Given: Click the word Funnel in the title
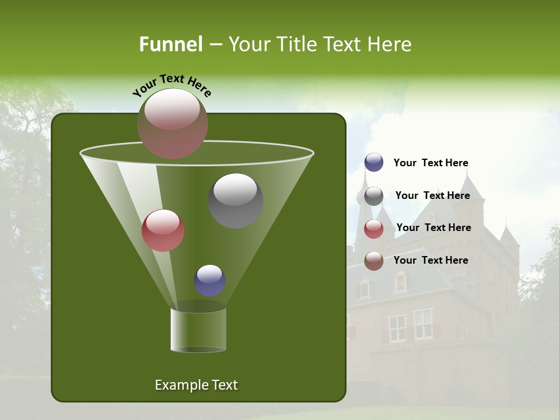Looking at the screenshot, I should [x=170, y=44].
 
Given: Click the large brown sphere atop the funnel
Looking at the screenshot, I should [x=172, y=124].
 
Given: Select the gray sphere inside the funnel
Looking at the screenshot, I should [x=235, y=201].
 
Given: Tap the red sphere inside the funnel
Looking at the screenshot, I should [x=163, y=230].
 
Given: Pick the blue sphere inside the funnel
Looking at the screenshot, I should [x=209, y=280].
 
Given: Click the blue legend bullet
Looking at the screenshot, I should [x=374, y=163].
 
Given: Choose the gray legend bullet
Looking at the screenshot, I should [x=374, y=196].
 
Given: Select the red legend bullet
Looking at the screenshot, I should [x=374, y=229].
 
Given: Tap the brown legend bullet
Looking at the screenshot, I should [x=374, y=261].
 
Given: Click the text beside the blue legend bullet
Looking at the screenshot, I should [x=430, y=163].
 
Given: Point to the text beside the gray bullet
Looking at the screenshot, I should [x=432, y=195].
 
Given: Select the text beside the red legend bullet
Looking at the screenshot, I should [x=433, y=228].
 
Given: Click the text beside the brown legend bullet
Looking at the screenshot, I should [x=430, y=260].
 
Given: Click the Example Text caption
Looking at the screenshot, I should [x=196, y=385].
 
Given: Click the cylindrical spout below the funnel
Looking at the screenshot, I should [x=198, y=330].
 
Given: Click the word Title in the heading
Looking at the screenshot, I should [x=297, y=44].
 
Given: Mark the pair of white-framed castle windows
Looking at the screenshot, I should [x=410, y=326].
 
